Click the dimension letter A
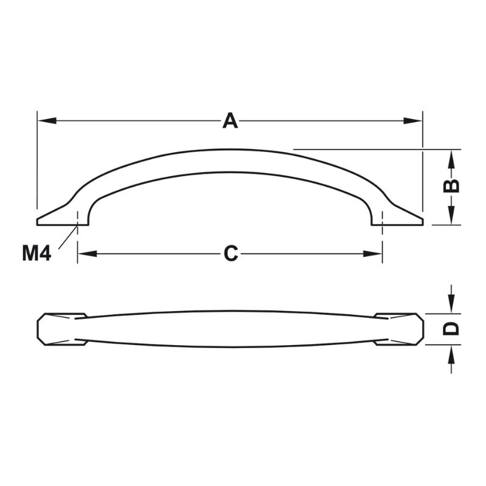[230, 121]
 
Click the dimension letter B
[451, 186]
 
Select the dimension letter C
[231, 253]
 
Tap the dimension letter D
[451, 329]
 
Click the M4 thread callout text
[36, 253]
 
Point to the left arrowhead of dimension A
[47, 121]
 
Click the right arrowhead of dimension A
[412, 121]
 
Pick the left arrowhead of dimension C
[87, 253]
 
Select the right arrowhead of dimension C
[372, 253]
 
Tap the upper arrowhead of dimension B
[451, 159]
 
